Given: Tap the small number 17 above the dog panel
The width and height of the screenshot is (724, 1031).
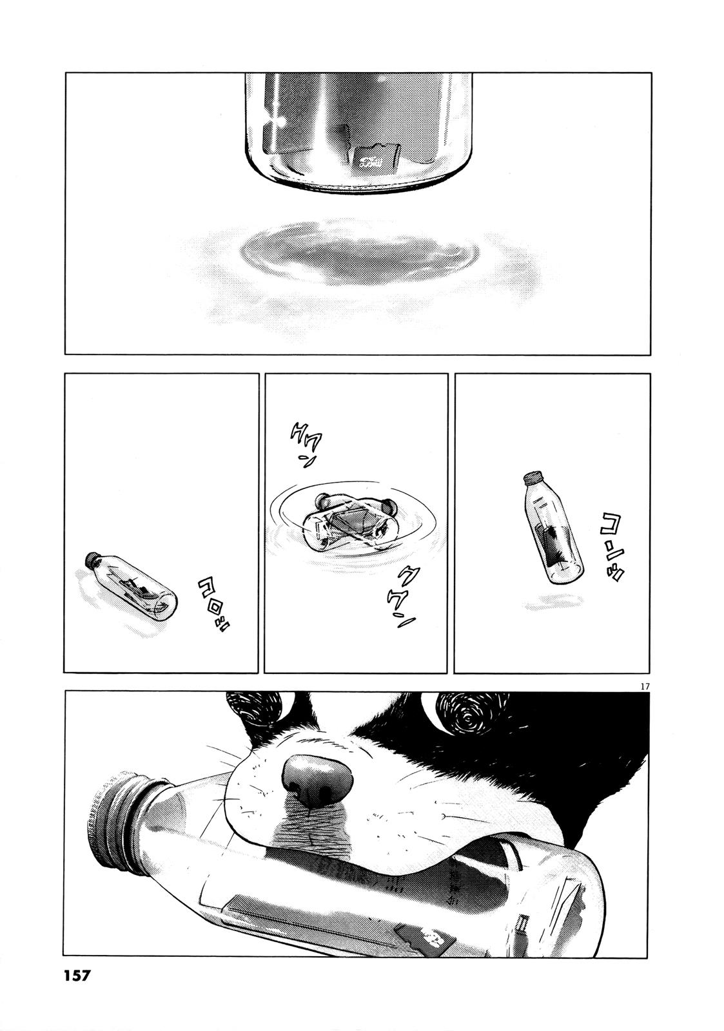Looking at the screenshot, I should coord(645,686).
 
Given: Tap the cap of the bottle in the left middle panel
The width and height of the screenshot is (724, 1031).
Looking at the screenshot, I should coord(92,557).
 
